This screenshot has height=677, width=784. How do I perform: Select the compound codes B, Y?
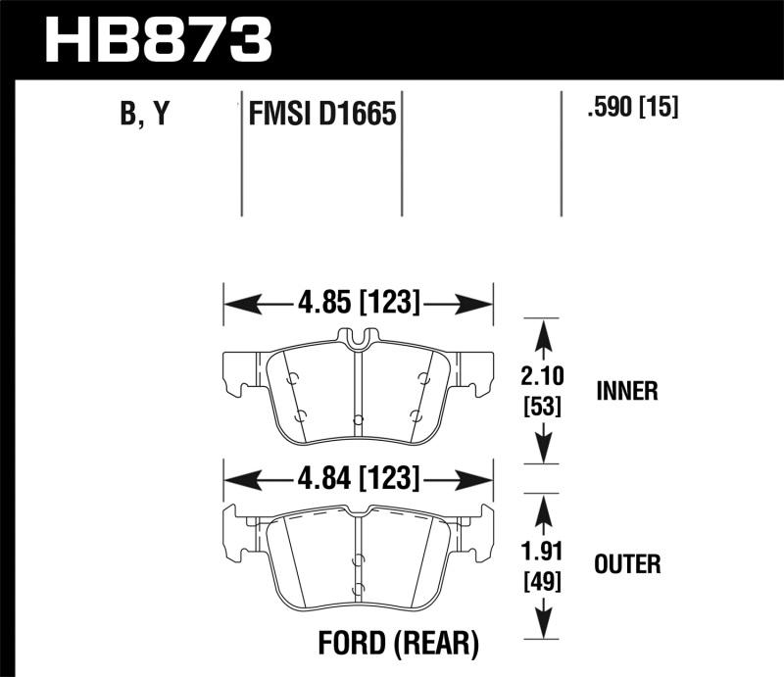click(x=143, y=115)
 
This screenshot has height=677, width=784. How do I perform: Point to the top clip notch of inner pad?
click(x=359, y=339)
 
